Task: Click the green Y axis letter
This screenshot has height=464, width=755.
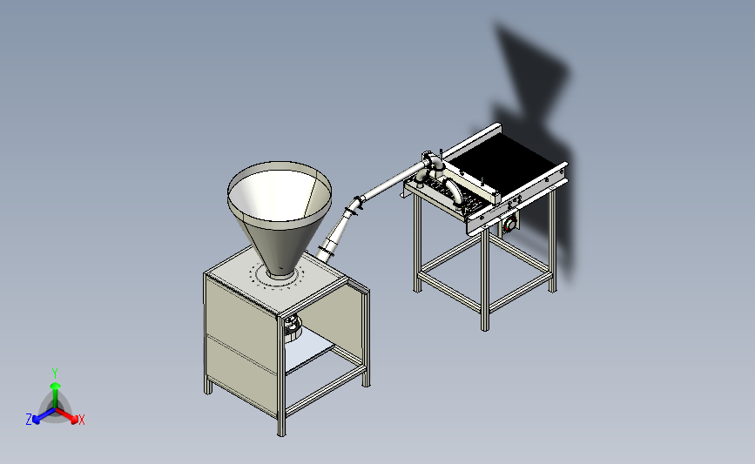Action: point(55,373)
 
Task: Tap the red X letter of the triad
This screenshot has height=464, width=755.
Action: point(81,420)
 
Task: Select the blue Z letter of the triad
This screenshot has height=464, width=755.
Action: point(29,420)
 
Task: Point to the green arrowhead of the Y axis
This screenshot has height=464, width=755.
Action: point(56,386)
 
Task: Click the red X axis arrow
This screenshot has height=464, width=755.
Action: point(66,415)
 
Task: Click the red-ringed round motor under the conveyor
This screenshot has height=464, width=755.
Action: point(510,223)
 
